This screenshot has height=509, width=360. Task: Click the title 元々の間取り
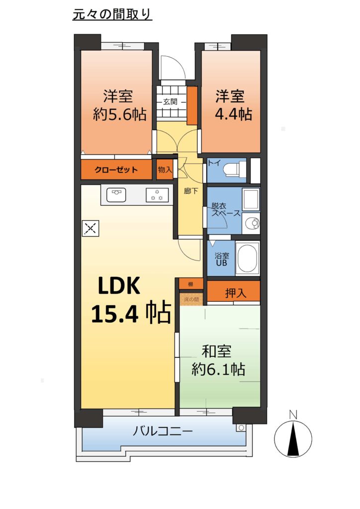(112, 14)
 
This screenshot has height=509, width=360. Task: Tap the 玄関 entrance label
(170, 101)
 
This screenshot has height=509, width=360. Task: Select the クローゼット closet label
(116, 170)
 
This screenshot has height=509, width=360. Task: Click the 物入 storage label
(165, 169)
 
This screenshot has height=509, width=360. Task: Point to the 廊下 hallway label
(191, 191)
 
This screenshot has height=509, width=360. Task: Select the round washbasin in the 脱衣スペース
(252, 223)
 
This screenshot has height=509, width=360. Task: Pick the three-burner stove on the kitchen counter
(157, 195)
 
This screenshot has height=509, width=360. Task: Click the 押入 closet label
(236, 293)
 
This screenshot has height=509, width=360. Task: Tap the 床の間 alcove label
(191, 299)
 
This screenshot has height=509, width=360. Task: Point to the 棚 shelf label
(191, 284)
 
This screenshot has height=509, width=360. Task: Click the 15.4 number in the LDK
(115, 314)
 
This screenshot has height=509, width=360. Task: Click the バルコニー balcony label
(163, 431)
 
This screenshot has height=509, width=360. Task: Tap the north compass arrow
(293, 438)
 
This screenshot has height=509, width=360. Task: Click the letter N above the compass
(293, 414)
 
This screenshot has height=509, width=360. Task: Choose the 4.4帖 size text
(234, 114)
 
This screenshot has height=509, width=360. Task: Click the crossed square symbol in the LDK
(90, 229)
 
